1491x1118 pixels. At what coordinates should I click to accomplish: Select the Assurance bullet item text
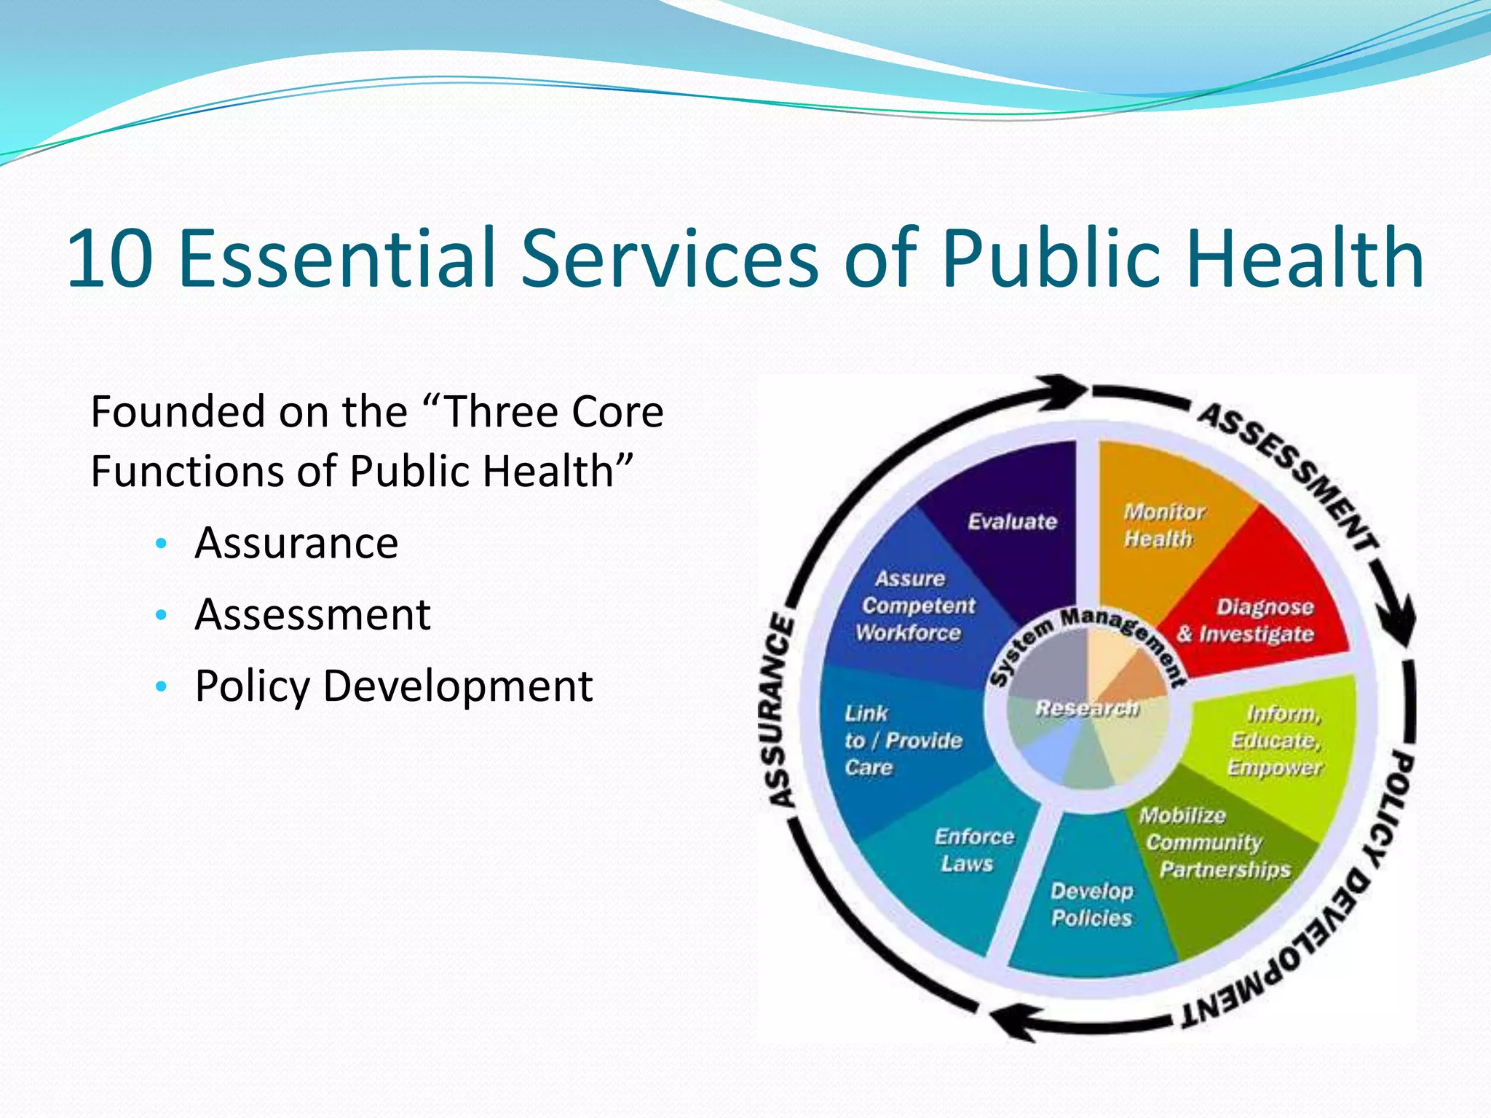pos(296,543)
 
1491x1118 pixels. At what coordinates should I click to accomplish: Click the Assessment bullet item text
pos(312,614)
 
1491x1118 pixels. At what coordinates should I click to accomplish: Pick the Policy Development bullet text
pos(394,686)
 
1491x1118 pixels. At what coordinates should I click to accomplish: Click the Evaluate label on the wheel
pos(1012,521)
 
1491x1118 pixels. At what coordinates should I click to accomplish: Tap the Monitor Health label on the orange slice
pos(1163,525)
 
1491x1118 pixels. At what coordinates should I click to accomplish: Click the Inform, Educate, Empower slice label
pos(1276,740)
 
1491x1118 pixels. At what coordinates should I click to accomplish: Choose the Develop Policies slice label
pos(1092,904)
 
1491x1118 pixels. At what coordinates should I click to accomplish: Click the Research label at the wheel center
pos(1086,707)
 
